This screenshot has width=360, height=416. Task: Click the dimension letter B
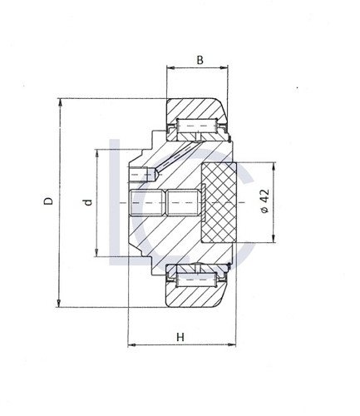point(200,60)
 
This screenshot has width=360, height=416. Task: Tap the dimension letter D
point(48,201)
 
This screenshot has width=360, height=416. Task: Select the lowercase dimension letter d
point(88,202)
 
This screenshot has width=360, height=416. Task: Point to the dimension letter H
point(180,337)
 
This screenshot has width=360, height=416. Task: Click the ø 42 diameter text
point(265,201)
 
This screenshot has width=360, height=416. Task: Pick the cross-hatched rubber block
point(219,203)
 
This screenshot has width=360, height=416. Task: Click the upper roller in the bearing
point(197,126)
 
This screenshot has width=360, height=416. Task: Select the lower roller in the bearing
point(196,280)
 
